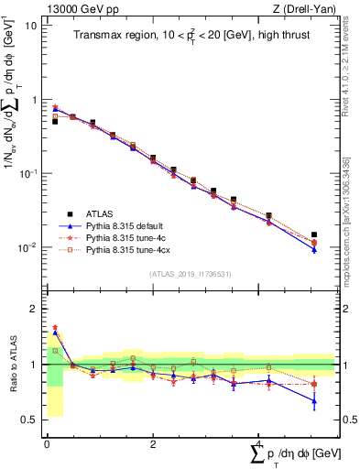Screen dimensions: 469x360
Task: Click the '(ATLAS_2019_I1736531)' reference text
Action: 191,274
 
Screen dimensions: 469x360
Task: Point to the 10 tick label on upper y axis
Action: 31,25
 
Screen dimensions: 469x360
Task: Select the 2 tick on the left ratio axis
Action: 34,309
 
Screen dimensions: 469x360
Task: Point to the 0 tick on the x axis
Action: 46,444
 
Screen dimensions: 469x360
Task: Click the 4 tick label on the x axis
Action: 260,444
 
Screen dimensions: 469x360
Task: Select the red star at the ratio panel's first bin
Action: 55,327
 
